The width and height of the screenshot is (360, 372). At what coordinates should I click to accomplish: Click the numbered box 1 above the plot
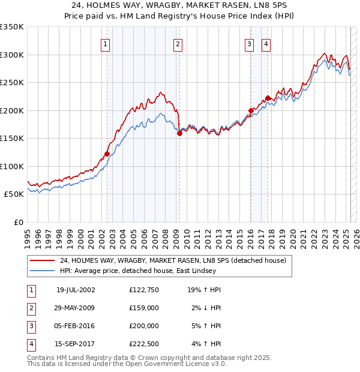(x=106, y=43)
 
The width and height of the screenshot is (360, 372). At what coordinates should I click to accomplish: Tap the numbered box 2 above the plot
(x=178, y=43)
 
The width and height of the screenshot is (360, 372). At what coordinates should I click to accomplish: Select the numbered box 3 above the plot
(x=249, y=43)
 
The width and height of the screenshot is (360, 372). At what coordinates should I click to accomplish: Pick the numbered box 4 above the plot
(x=265, y=43)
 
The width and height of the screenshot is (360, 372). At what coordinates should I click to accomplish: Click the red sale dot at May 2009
(x=179, y=134)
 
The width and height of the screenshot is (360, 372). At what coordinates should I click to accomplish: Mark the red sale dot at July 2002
(x=107, y=154)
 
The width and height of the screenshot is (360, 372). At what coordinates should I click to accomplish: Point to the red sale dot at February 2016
(x=251, y=110)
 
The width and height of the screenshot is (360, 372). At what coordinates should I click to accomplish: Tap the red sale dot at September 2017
(x=268, y=98)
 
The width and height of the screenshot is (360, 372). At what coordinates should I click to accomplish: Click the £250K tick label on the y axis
(x=11, y=82)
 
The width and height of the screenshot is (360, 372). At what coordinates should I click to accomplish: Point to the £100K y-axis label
(x=11, y=166)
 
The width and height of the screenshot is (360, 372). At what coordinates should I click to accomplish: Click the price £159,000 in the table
(x=144, y=308)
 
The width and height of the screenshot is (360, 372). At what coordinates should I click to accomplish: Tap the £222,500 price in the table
(x=144, y=344)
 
